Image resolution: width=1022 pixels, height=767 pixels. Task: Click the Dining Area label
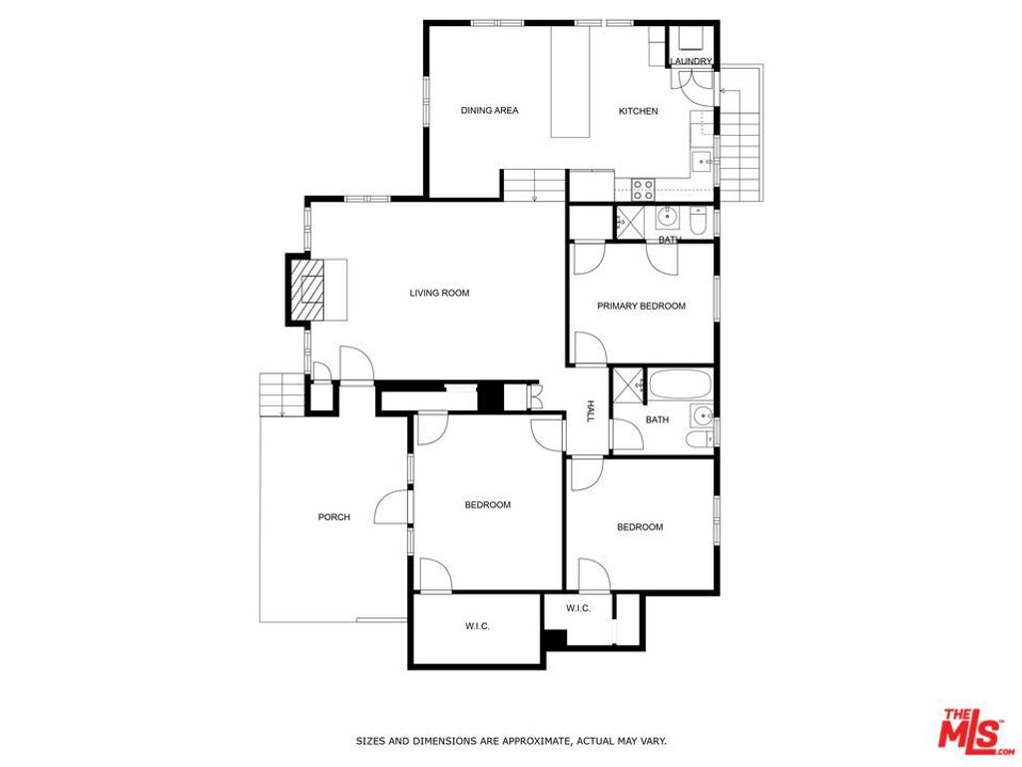tap(489, 111)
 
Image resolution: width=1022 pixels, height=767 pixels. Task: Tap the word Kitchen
tap(638, 111)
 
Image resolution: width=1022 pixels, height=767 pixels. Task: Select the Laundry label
tap(691, 62)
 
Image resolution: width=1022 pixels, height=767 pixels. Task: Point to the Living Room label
tap(439, 293)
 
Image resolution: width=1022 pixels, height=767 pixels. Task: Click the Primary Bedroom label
tap(641, 306)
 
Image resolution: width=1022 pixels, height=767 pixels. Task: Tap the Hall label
tap(590, 412)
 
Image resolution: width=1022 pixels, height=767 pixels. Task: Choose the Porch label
tap(333, 516)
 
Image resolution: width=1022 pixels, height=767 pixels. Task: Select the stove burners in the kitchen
tap(643, 186)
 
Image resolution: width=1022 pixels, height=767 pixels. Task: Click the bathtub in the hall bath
tap(679, 384)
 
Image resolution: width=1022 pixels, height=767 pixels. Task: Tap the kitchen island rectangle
tap(572, 82)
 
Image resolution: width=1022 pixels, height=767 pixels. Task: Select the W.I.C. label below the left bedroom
tap(477, 626)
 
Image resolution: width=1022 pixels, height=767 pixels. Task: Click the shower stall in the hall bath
tap(628, 384)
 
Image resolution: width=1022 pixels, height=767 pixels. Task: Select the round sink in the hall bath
tap(706, 415)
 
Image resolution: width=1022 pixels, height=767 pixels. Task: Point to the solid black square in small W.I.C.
tap(556, 637)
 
